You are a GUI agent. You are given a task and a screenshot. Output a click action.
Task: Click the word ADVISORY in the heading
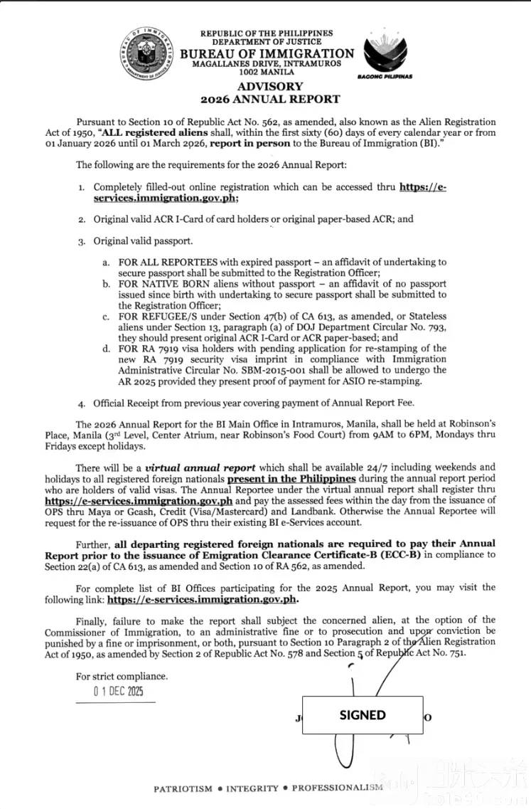tap(270, 87)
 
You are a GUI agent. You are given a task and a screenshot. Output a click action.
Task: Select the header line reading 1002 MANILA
tap(266, 72)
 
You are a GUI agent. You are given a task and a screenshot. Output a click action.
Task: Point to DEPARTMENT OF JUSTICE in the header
tap(266, 42)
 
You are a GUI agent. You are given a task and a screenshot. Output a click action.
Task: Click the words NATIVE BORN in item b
tap(166, 283)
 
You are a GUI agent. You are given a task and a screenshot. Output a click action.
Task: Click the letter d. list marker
tap(106, 349)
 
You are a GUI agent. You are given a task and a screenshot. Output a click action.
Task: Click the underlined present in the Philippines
tap(291, 479)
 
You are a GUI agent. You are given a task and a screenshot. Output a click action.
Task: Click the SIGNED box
tap(363, 715)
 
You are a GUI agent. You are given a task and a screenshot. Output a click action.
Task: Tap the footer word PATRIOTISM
tap(183, 788)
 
